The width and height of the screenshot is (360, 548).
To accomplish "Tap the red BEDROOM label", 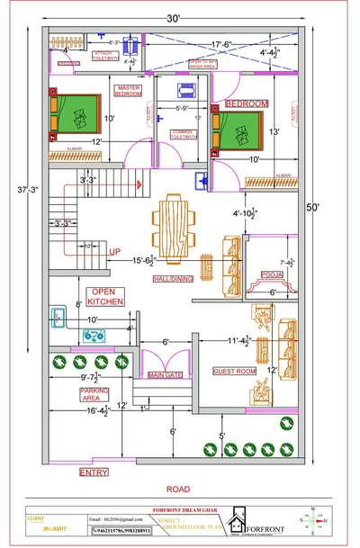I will tap(247, 104).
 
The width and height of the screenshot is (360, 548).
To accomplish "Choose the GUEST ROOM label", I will tap(234, 371).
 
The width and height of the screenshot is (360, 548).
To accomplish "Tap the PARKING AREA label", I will tap(70, 393).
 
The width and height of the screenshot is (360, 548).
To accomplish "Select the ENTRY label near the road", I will tap(94, 472).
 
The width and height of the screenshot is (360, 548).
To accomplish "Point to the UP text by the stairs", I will tap(114, 251).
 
